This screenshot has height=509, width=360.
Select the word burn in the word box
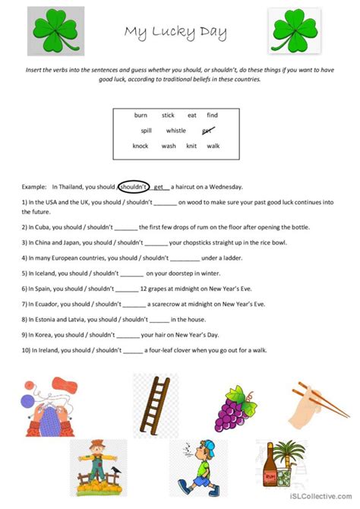(x=141, y=115)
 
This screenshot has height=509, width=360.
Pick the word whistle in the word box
(x=175, y=131)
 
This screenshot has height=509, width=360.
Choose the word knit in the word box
(x=191, y=146)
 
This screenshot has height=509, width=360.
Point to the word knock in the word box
(x=141, y=146)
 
